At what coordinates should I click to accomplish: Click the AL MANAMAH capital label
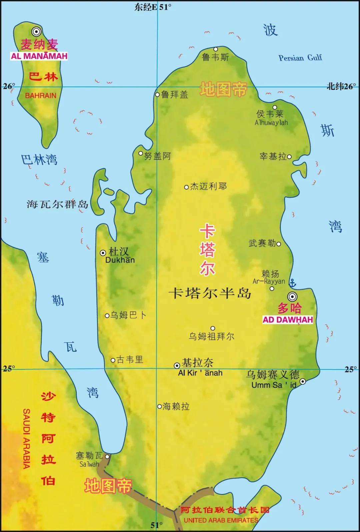39,56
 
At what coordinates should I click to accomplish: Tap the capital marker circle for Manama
36,32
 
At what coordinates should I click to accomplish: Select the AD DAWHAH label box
288,320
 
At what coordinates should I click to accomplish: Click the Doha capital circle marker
292,296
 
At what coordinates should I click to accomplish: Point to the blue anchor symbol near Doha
292,283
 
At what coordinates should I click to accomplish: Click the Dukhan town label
120,260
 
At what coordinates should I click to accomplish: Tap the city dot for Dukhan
103,253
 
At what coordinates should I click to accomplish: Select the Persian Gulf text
300,58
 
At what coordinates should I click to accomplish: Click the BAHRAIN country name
41,96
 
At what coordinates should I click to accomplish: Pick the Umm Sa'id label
274,385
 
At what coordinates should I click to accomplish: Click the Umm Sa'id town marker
303,381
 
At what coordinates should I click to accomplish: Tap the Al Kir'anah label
200,373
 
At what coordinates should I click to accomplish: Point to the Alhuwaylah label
271,123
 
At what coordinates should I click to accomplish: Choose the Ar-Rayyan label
269,281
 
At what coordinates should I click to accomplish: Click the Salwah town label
89,464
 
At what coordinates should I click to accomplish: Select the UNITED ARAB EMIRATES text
221,520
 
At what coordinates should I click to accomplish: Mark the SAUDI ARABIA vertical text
26,439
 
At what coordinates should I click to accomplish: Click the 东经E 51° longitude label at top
153,7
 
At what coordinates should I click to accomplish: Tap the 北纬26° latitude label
341,86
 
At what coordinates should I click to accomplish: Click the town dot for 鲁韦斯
216,49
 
